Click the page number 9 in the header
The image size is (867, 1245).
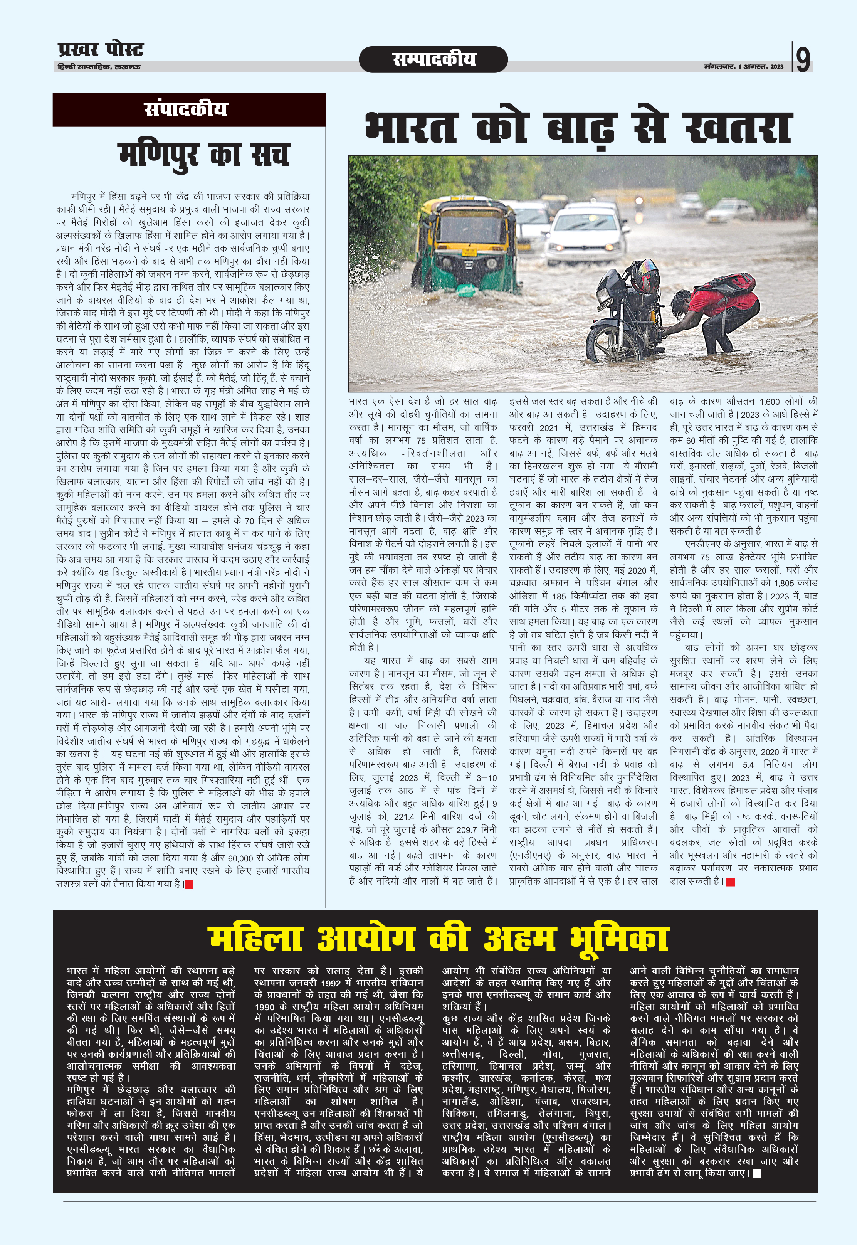coord(803,59)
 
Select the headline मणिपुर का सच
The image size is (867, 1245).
coord(203,155)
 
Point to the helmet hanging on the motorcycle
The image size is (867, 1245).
coord(644,274)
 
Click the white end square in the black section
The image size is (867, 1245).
coord(757,1174)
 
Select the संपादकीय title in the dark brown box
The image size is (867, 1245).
coord(186,109)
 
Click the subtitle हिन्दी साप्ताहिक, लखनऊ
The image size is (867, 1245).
coord(99,67)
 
